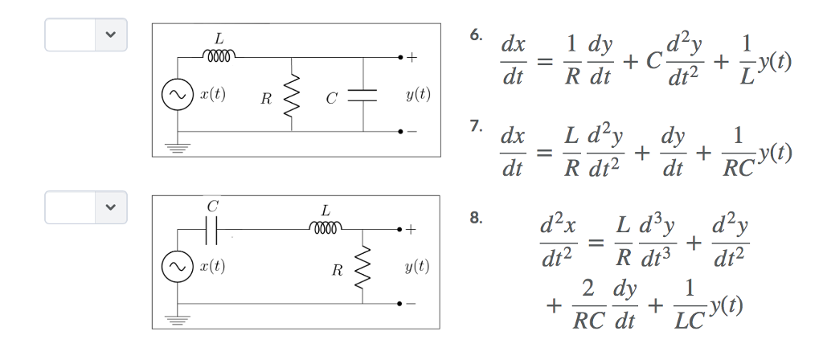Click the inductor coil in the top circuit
tap(219, 56)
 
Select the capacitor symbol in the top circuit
tap(364, 95)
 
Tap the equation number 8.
tap(477, 217)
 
